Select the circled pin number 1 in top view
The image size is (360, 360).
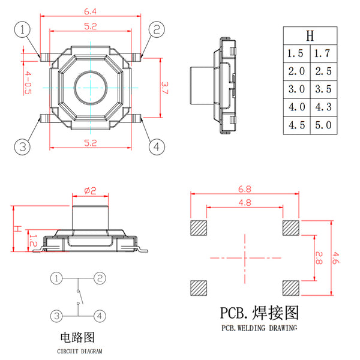pyautogui.click(x=23, y=29)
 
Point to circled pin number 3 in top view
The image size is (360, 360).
pyautogui.click(x=23, y=146)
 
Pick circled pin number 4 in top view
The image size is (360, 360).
pyautogui.click(x=156, y=146)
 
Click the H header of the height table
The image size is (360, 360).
pyautogui.click(x=310, y=35)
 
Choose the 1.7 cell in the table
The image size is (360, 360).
pyautogui.click(x=322, y=53)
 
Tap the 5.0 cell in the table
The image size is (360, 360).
pyautogui.click(x=322, y=125)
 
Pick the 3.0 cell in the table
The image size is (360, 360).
pyautogui.click(x=296, y=89)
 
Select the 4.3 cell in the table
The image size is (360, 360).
pyautogui.click(x=322, y=107)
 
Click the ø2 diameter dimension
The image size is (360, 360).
pyautogui.click(x=91, y=190)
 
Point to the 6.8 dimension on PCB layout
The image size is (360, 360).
pyautogui.click(x=244, y=188)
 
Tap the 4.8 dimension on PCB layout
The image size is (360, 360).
pyautogui.click(x=244, y=203)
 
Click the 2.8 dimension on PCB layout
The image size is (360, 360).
pyautogui.click(x=319, y=259)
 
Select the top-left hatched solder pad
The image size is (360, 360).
pyautogui.click(x=198, y=228)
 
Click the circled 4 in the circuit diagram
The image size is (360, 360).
pyautogui.click(x=100, y=315)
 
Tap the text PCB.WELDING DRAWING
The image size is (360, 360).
pyautogui.click(x=259, y=328)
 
